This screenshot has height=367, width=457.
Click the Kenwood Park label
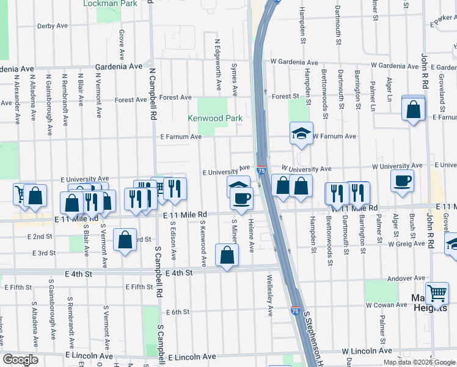pyautogui.click(x=215, y=118)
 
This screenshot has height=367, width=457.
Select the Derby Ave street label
pyautogui.click(x=52, y=26)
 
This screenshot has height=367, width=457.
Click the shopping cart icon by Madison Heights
pyautogui.click(x=437, y=294)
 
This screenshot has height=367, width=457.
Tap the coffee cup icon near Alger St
pyautogui.click(x=403, y=182)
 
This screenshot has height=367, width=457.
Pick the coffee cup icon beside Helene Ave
pyautogui.click(x=242, y=198)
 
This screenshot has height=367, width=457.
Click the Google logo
pyautogui.click(x=20, y=360)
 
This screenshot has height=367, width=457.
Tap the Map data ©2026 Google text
pyautogui.click(x=420, y=362)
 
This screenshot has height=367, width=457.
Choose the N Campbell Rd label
pyautogui.click(x=154, y=93)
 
